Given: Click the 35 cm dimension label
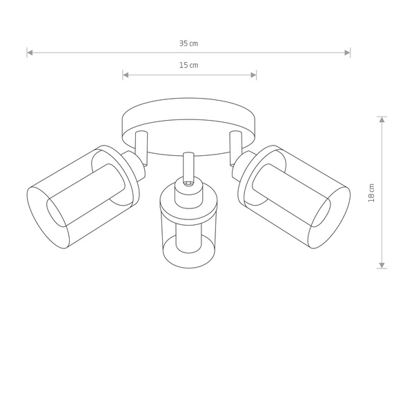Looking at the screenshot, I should pyautogui.click(x=189, y=43).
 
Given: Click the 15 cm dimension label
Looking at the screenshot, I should pyautogui.click(x=189, y=65).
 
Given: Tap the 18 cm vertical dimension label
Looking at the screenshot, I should pyautogui.click(x=371, y=193).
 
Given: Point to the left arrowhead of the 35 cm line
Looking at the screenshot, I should pyautogui.click(x=30, y=52).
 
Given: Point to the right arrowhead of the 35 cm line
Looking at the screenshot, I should pyautogui.click(x=348, y=52).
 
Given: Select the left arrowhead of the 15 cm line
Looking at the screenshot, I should pyautogui.click(x=126, y=75).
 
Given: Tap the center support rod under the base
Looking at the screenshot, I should pyautogui.click(x=187, y=166).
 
